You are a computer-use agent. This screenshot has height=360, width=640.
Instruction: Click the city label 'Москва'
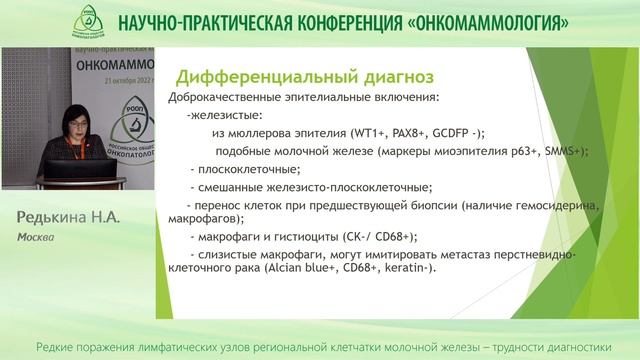[35, 240]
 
